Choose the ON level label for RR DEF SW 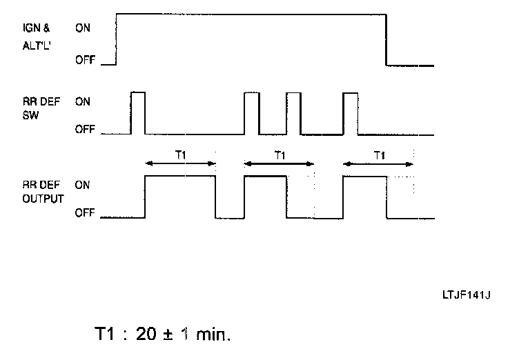pyautogui.click(x=83, y=101)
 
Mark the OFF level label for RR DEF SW pyautogui.click(x=84, y=129)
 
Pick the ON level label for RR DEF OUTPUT pyautogui.click(x=83, y=185)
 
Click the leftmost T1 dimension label pyautogui.click(x=181, y=156)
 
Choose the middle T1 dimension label pyautogui.click(x=280, y=156)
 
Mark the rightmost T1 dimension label pyautogui.click(x=379, y=156)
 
